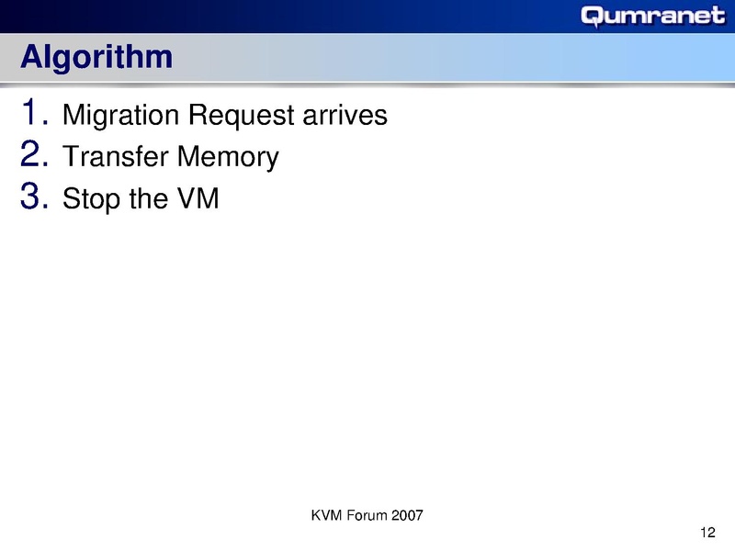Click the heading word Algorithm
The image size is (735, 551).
tap(96, 57)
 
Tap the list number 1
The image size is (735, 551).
tap(34, 114)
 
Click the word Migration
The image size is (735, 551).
tap(118, 117)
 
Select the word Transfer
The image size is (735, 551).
tap(115, 158)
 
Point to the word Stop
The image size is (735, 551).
tap(91, 200)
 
